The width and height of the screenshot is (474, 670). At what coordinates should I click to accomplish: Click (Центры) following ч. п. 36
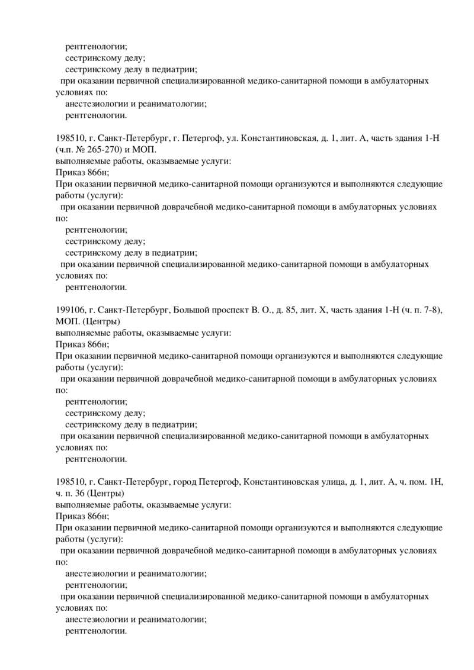click(106, 492)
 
